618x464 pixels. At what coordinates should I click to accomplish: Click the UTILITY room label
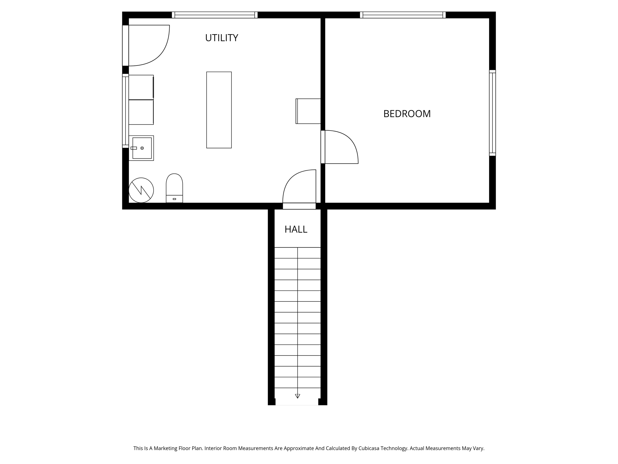point(221,38)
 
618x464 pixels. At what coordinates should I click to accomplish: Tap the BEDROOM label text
point(407,114)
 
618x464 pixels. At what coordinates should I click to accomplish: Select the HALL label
point(296,229)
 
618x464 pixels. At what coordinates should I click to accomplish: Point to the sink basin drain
point(142,148)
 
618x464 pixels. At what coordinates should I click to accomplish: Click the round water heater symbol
point(141,190)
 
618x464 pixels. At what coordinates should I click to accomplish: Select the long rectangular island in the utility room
point(219,110)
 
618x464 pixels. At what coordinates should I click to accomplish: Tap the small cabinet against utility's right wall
point(308,111)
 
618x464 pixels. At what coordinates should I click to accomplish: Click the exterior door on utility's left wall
point(126,45)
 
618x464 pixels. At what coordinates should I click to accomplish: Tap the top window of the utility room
point(215,15)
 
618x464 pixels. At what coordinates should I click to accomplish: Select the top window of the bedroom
point(403,15)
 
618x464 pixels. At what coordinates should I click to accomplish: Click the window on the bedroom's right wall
point(492,113)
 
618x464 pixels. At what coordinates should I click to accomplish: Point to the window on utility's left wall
point(125,111)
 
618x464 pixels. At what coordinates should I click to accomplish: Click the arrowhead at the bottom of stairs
point(298,396)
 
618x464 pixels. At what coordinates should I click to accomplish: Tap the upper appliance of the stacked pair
point(141,87)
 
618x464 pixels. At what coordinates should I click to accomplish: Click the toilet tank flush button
point(174,199)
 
